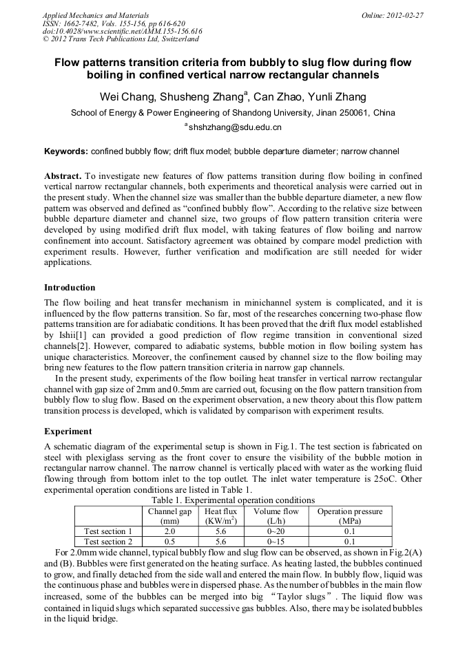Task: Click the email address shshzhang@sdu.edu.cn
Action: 234,127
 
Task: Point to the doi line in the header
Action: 122,31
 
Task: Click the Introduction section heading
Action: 70,288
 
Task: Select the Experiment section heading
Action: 68,432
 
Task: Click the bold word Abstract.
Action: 63,176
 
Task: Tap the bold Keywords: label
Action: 66,151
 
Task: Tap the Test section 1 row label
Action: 108,531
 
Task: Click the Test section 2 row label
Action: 108,542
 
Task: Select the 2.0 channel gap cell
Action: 169,531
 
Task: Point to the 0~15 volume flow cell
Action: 276,542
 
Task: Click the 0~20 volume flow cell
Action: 276,531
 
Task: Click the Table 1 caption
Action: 233,500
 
